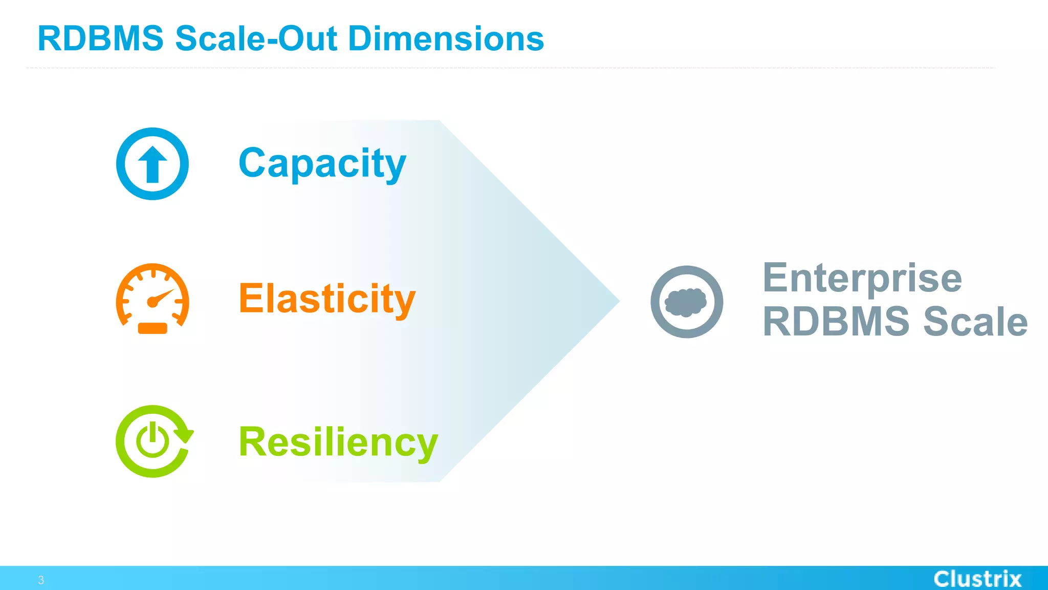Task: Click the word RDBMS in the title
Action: (x=100, y=39)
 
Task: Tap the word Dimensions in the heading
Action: (x=446, y=39)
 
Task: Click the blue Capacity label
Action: (x=322, y=163)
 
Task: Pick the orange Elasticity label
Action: (x=327, y=299)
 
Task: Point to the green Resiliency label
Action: (x=338, y=442)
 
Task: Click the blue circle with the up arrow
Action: (x=152, y=164)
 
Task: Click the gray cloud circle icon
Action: (x=687, y=302)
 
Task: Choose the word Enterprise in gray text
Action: (x=862, y=278)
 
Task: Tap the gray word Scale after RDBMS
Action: (x=975, y=322)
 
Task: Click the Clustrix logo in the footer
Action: (x=977, y=579)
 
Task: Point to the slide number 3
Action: (x=41, y=580)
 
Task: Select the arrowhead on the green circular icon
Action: (x=184, y=434)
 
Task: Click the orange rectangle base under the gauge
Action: (x=152, y=328)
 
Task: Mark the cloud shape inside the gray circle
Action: (x=686, y=302)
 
